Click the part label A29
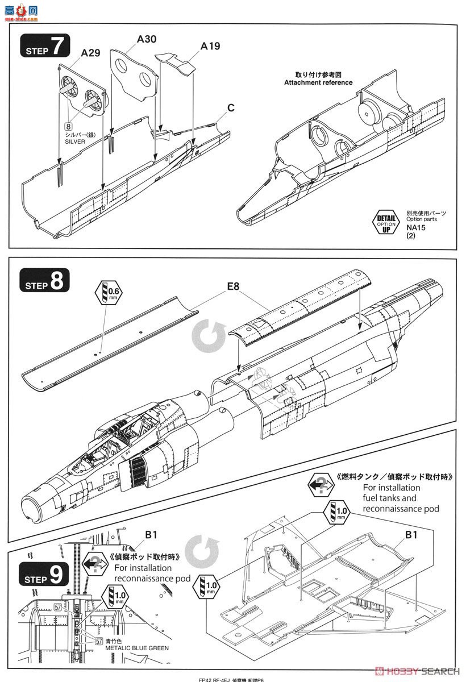pyautogui.click(x=91, y=53)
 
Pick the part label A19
pyautogui.click(x=210, y=46)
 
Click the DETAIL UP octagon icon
pyautogui.click(x=386, y=223)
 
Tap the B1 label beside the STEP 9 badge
pyautogui.click(x=151, y=534)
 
